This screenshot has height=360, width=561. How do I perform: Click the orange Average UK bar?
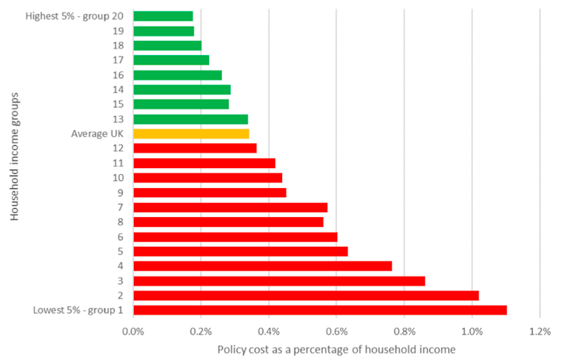[x=191, y=134]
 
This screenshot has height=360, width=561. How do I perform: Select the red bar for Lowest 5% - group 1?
[x=320, y=310]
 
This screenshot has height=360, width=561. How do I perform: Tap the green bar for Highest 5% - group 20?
[x=163, y=16]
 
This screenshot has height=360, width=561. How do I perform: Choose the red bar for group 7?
[x=230, y=208]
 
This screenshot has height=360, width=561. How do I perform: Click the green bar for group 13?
[x=190, y=119]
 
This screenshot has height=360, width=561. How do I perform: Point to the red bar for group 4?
[x=263, y=266]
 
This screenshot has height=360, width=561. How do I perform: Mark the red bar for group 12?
[x=195, y=148]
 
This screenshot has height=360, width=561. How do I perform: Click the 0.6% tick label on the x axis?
[x=336, y=331]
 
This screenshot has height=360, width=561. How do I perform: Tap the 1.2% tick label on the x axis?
[x=539, y=331]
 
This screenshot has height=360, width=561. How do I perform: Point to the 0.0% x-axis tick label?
[x=133, y=331]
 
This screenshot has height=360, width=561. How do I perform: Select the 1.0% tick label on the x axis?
[x=472, y=331]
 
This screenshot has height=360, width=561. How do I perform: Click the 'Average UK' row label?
[x=97, y=134]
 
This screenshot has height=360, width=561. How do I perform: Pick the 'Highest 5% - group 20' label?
[x=74, y=16]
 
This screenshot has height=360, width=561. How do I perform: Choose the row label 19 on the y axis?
[x=118, y=31]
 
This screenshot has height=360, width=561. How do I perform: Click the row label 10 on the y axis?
[x=118, y=178]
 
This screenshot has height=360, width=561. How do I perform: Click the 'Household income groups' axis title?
[x=15, y=156]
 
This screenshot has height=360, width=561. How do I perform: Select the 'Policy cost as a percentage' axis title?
[x=336, y=349]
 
